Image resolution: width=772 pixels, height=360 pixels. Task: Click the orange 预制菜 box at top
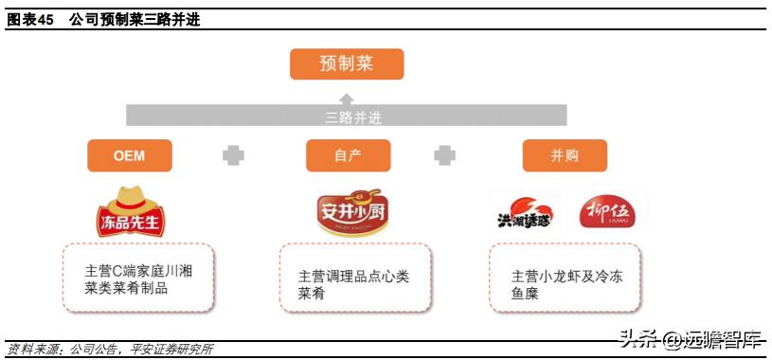pyautogui.click(x=347, y=63)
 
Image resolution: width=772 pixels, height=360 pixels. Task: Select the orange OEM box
pyautogui.click(x=129, y=155)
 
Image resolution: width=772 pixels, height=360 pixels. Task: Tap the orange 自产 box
pyautogui.click(x=347, y=155)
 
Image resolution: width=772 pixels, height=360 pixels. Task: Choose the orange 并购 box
pyautogui.click(x=565, y=155)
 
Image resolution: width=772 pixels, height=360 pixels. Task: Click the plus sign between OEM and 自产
pyautogui.click(x=233, y=155)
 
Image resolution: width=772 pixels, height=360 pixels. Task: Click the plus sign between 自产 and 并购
pyautogui.click(x=444, y=155)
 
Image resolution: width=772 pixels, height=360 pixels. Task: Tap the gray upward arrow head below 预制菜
pyautogui.click(x=347, y=98)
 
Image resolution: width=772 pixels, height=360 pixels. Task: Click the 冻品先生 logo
pyautogui.click(x=130, y=211)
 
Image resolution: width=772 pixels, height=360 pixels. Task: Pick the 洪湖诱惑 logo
pyautogui.click(x=524, y=213)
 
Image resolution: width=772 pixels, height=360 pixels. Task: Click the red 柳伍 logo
pyautogui.click(x=606, y=211)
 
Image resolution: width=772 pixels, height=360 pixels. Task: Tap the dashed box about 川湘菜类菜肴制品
pyautogui.click(x=138, y=278)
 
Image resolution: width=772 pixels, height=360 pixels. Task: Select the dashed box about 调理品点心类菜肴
pyautogui.click(x=355, y=278)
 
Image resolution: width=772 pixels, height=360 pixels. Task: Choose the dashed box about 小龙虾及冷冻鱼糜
pyautogui.click(x=565, y=278)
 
